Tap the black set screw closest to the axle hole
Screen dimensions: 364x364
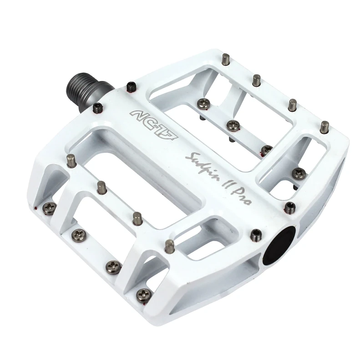pos(256,234)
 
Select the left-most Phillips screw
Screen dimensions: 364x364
pos(48,208)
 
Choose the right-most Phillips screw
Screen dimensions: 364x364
pos(299,173)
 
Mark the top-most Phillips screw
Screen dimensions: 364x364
pos(202,102)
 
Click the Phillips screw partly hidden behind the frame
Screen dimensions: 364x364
pos(267,149)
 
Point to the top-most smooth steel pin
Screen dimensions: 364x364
pos(226,59)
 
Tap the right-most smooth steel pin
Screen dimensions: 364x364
pos(324,127)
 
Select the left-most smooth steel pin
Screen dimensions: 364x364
pos(71,160)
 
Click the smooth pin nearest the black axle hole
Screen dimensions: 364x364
pos(170,246)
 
